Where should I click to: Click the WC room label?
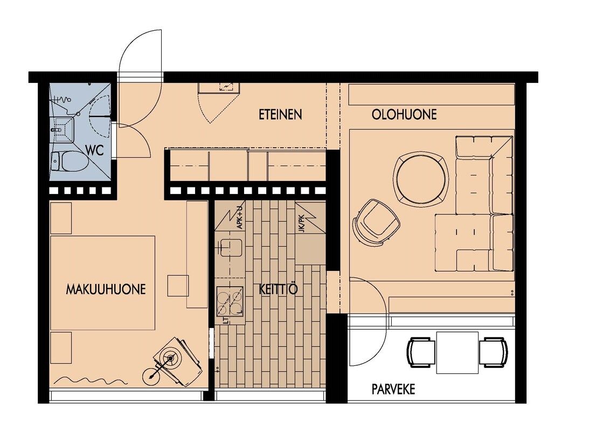point(94,150)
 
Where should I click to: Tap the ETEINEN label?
point(280,114)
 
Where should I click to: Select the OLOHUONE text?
point(404,114)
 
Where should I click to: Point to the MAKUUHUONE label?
point(106,289)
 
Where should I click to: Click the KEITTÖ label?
point(278,289)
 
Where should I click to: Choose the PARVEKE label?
point(393,389)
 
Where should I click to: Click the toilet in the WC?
point(69,162)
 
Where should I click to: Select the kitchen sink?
point(231,247)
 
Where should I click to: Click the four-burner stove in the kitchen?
point(230,301)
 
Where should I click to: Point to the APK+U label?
point(240,216)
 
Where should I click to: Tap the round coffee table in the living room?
point(420,178)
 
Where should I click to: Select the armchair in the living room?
point(376,222)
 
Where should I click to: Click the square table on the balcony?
point(458,352)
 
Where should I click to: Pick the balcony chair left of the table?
point(421,352)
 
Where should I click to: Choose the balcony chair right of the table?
point(493,352)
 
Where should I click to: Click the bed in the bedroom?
point(103,283)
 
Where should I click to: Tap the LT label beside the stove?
point(226,320)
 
